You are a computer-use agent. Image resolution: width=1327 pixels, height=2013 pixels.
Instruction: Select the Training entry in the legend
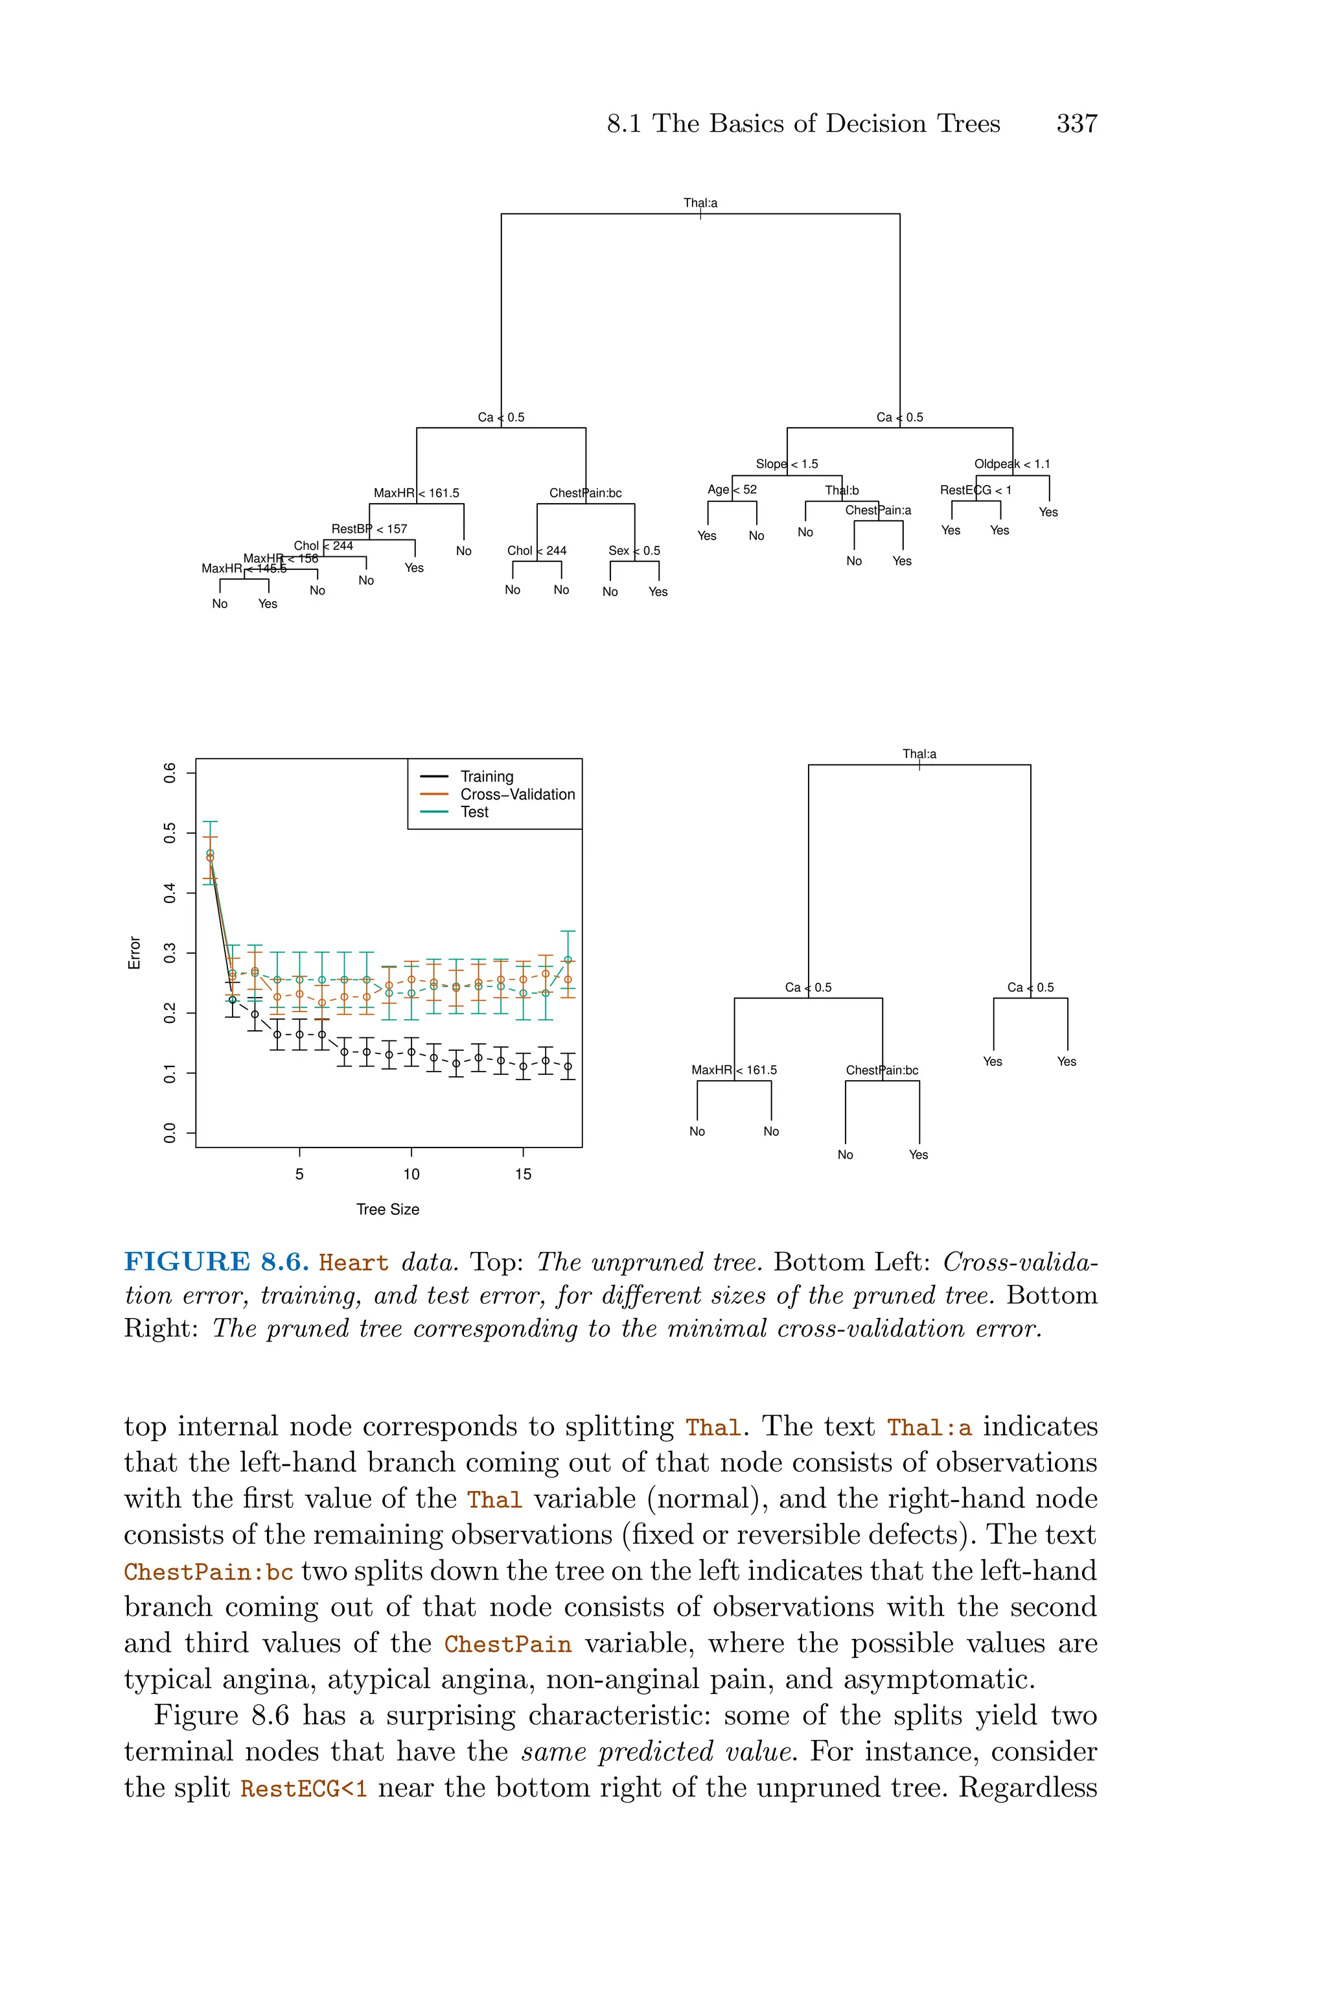[x=486, y=776]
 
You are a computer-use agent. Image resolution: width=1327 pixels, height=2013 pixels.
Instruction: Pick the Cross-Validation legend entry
[x=516, y=794]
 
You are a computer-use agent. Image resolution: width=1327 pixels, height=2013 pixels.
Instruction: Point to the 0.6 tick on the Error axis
[x=170, y=772]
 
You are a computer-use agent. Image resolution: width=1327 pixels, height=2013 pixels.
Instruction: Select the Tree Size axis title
[x=387, y=1209]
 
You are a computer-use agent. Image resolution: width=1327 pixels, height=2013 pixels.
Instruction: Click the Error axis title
[x=133, y=952]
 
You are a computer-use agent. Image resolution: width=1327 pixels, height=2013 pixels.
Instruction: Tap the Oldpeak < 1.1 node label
[x=1011, y=464]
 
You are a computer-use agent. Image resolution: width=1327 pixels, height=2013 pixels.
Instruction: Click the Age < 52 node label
[x=732, y=489]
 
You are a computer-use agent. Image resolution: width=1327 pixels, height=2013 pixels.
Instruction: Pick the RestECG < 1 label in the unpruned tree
[x=975, y=490]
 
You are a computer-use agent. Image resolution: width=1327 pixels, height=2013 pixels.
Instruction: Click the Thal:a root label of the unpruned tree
[x=700, y=203]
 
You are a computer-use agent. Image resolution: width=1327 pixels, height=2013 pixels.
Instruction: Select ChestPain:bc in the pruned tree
[x=882, y=1070]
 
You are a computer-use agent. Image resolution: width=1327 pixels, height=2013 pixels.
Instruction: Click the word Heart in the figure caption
[x=354, y=1263]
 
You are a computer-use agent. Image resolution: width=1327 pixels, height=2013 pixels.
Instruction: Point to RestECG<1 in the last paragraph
[x=304, y=1789]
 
